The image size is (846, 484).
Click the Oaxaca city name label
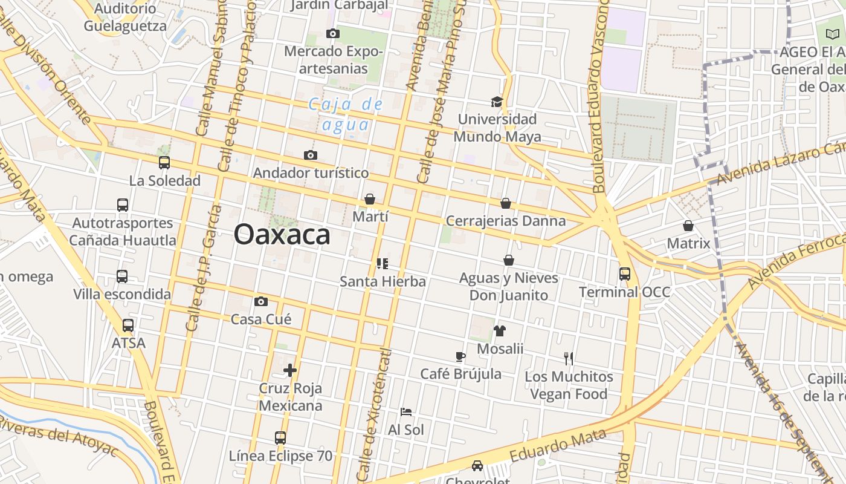[x=282, y=235]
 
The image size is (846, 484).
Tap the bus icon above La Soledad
[x=164, y=162]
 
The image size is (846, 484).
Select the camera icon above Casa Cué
[x=261, y=301]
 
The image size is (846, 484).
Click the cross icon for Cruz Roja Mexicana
[x=290, y=370]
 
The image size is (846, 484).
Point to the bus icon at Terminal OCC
[x=625, y=274]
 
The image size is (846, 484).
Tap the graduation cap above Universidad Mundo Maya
[x=497, y=101]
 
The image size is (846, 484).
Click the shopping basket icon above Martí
[x=370, y=199]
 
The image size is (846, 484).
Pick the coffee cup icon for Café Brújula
[x=460, y=356]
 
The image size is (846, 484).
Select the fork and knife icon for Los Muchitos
[x=569, y=358]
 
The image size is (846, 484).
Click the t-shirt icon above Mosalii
[x=500, y=330]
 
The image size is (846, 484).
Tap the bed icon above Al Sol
[x=406, y=412]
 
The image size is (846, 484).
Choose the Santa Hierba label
[x=383, y=281]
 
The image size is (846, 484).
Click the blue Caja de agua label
[x=346, y=114]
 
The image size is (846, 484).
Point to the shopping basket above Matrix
[x=688, y=226]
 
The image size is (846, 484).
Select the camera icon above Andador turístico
[x=311, y=155]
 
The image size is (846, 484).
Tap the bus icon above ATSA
[x=128, y=325]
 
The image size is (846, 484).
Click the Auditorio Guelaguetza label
[x=125, y=18]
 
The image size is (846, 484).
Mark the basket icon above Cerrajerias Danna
[x=506, y=203]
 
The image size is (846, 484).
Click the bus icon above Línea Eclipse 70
[x=280, y=437]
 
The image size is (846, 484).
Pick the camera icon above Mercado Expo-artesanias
[x=332, y=33]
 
